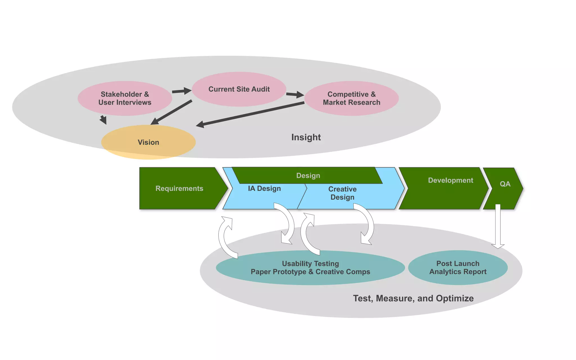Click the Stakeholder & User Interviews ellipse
coord(125,98)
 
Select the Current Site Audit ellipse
coord(239,89)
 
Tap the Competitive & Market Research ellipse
coord(351,98)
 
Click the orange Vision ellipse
coord(148,142)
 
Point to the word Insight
coord(306,137)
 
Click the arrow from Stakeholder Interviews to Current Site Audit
coord(181,91)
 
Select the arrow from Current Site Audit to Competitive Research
coord(295,94)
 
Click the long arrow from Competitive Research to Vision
coord(250,114)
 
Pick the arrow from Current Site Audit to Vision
coord(172,112)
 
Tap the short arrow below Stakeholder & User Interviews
coord(103,120)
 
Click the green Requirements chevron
coord(179,188)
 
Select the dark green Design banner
coord(308,176)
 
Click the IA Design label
coord(264,188)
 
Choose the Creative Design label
coord(342,193)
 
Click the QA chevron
coord(505,184)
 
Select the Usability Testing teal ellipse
coord(310,267)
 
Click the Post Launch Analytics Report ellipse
coord(458,267)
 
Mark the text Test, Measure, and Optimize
coord(413,298)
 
